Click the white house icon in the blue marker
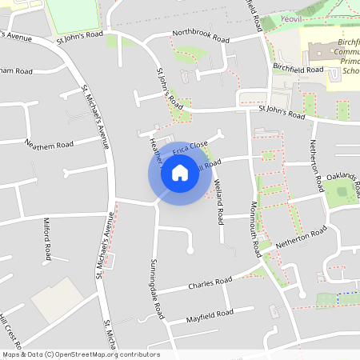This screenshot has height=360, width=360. pos(179,173)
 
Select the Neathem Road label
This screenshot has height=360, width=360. pos(50,144)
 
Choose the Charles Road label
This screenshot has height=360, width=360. pos(210,284)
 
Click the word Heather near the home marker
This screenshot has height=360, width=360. pos(154,148)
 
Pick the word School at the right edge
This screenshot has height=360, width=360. pos(350,70)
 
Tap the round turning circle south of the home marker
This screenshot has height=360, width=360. pos(190,250)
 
